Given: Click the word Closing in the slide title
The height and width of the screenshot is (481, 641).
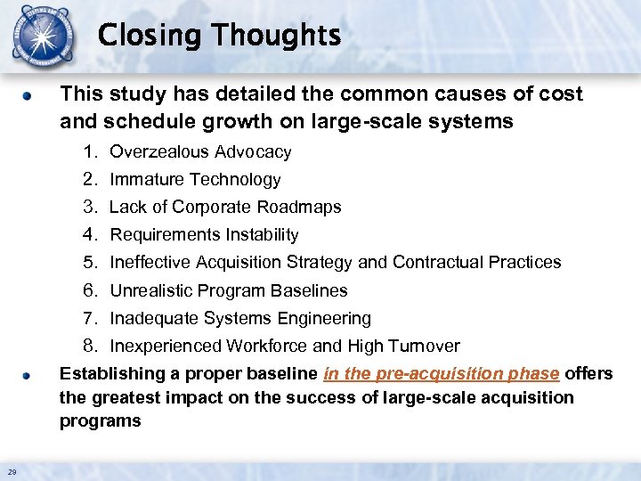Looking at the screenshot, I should (x=150, y=36).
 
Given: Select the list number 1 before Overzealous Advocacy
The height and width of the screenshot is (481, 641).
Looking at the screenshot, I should (x=89, y=152).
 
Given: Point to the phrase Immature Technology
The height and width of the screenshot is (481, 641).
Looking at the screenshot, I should (x=195, y=180).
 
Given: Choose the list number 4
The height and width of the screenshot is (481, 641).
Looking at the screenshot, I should (x=89, y=235).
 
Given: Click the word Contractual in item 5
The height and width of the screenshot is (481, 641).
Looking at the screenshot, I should (x=434, y=263).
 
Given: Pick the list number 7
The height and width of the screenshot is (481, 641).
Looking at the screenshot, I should (x=89, y=319).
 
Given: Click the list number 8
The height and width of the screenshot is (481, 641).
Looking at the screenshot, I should (x=89, y=346).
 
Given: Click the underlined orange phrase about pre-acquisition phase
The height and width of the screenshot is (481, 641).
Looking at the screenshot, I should (x=442, y=374).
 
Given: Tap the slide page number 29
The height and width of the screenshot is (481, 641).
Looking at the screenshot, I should (x=11, y=471).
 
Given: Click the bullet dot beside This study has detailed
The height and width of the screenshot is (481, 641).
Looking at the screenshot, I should (x=28, y=95).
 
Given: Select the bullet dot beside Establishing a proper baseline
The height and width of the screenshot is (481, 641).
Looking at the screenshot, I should (x=28, y=375).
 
